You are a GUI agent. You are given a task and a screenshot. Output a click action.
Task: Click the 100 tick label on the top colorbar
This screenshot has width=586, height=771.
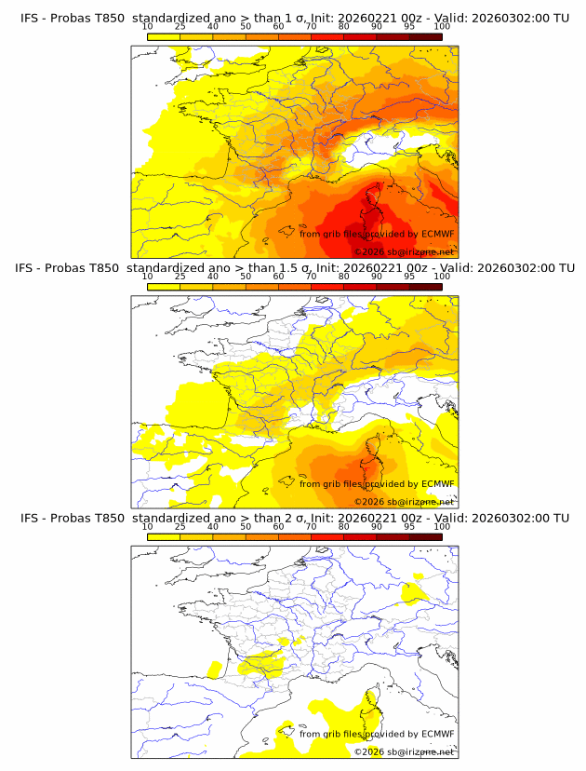coord(442,26)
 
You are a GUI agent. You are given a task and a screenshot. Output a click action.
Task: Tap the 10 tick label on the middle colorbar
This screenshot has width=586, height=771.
coord(147,277)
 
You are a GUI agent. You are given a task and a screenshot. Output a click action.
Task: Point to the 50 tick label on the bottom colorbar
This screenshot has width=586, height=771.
coord(246,527)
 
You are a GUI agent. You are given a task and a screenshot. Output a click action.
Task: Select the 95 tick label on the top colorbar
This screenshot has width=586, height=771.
coord(409,26)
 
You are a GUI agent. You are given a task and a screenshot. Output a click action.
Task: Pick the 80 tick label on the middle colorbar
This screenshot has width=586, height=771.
coord(344,277)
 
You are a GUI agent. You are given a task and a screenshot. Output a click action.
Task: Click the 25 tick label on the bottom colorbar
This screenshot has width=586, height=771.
coord(180,527)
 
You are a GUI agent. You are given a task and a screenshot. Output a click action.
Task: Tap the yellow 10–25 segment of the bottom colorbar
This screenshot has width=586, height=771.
coord(163,536)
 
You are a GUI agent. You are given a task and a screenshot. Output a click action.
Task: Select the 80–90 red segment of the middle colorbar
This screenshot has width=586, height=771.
coord(360,286)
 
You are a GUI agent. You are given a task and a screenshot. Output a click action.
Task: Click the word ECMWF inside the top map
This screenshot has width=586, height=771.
coord(437,234)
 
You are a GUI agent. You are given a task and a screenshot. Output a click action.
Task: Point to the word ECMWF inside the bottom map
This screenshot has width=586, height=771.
coord(437,734)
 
